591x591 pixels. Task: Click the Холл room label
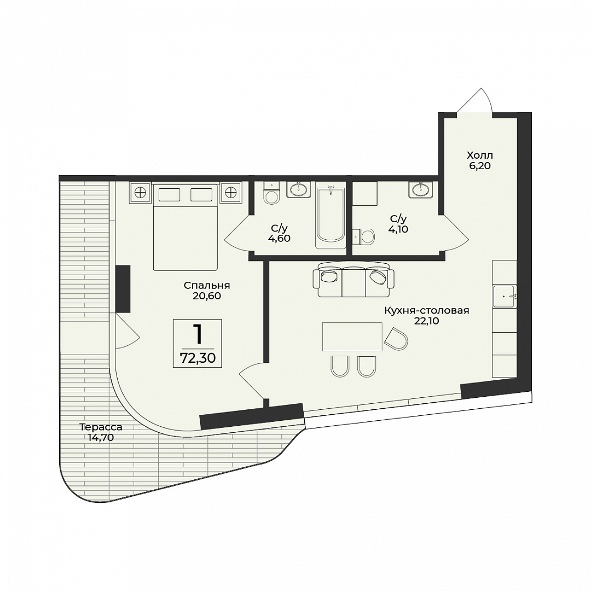(x=480, y=155)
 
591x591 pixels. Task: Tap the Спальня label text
(x=207, y=286)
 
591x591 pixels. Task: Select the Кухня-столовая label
(x=427, y=311)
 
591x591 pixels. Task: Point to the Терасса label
(x=101, y=427)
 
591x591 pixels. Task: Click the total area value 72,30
(x=198, y=358)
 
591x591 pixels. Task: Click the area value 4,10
(x=398, y=229)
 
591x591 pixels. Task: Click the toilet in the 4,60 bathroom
(x=271, y=193)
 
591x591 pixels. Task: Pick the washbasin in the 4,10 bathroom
(x=420, y=189)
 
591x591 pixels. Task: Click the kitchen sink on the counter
(x=505, y=297)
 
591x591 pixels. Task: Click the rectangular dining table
(x=352, y=337)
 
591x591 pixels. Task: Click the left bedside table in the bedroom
(x=140, y=192)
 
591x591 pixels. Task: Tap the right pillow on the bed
(x=201, y=194)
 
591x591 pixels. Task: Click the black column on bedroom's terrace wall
(x=123, y=289)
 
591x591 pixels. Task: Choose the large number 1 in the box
(x=198, y=334)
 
